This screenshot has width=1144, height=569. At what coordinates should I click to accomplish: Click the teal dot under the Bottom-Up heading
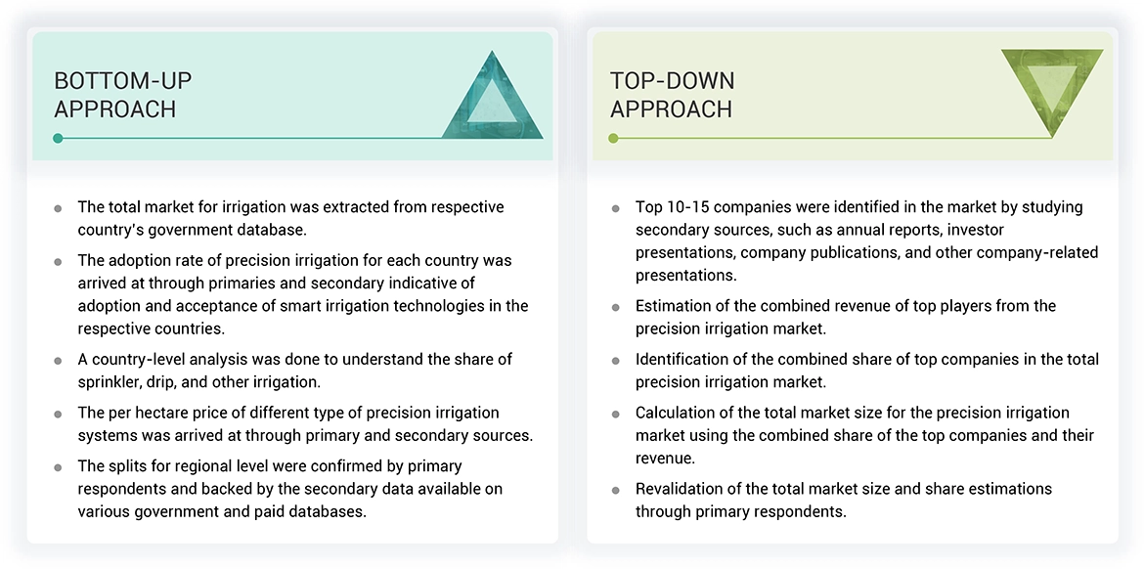(x=59, y=138)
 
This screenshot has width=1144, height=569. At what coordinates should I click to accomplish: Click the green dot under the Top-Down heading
(x=614, y=138)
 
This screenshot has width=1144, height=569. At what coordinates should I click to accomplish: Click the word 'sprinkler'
(x=112, y=381)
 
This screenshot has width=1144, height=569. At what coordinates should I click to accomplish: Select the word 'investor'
(x=972, y=230)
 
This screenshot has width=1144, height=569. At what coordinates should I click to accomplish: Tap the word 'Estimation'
(x=676, y=306)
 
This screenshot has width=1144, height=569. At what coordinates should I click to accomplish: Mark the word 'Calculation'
(x=677, y=413)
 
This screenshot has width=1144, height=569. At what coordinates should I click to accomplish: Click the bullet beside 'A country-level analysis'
(x=59, y=361)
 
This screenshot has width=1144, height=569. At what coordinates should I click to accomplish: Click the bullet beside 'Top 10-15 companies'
(x=615, y=208)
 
